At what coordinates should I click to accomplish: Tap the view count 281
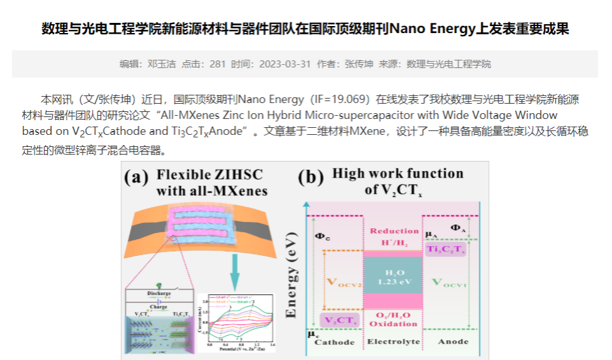click(218, 64)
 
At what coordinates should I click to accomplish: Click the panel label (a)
click(136, 177)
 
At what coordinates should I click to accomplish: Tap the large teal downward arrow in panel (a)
click(235, 271)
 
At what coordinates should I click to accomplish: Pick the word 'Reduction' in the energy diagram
click(393, 231)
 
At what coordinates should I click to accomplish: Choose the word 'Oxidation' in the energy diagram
click(393, 324)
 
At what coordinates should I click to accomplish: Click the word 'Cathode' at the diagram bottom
click(335, 342)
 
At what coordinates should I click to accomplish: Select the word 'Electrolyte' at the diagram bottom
click(393, 342)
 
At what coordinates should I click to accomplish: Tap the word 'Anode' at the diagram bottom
click(454, 342)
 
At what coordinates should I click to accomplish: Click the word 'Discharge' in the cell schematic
click(158, 294)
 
